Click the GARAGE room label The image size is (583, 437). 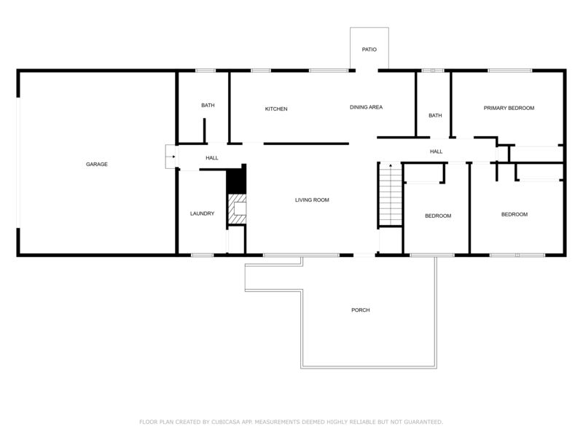97,165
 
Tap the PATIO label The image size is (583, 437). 369,50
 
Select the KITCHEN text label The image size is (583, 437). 276,109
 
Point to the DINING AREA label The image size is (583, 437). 366,107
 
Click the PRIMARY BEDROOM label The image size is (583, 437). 509,108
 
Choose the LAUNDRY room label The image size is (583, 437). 202,213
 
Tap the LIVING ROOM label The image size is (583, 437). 312,200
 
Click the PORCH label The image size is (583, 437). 360,310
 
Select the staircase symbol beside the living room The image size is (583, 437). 390,195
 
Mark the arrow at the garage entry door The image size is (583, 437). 170,156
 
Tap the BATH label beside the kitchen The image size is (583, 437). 208,106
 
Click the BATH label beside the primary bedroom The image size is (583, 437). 435,116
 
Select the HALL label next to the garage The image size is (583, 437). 211,158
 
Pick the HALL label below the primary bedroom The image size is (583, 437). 436,151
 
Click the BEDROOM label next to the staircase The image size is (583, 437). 438,216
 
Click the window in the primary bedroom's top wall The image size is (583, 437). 509,71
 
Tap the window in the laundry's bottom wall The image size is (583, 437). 202,255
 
